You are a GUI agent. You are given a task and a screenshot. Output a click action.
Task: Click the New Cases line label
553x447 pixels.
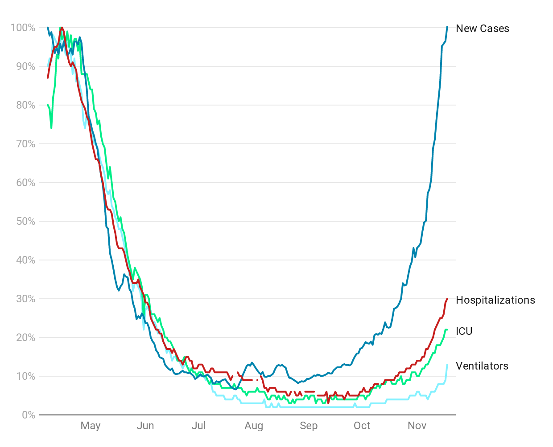pos(482,28)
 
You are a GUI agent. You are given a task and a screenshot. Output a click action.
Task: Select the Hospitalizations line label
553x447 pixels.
pos(495,300)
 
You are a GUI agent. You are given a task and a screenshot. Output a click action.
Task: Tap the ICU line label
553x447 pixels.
pos(464,331)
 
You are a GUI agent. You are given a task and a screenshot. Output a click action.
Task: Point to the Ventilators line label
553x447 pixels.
pos(482,366)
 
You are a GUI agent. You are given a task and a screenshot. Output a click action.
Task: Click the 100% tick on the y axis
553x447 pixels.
pos(23,28)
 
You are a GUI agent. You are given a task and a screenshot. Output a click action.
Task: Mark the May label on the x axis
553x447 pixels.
pos(91,426)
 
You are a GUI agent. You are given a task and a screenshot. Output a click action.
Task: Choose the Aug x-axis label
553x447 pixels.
pos(254,426)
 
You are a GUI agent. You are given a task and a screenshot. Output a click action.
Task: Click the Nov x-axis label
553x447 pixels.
pos(417,426)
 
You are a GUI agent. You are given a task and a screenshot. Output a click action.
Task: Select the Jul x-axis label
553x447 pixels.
pos(198,426)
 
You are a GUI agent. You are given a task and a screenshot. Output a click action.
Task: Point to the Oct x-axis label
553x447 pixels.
pos(362,426)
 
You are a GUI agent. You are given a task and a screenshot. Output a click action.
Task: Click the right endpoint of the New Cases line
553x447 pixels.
pos(447,27)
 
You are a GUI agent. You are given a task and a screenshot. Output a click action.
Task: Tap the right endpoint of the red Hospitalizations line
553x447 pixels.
pos(447,299)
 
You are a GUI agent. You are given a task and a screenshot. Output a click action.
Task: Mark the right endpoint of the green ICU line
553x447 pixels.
pos(447,330)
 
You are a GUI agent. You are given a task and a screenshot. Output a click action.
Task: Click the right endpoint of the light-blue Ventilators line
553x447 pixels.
pos(447,365)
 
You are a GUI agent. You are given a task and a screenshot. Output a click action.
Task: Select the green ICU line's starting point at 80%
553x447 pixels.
pos(48,105)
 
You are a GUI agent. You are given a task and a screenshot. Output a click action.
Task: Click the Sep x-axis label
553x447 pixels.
pos(309,426)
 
